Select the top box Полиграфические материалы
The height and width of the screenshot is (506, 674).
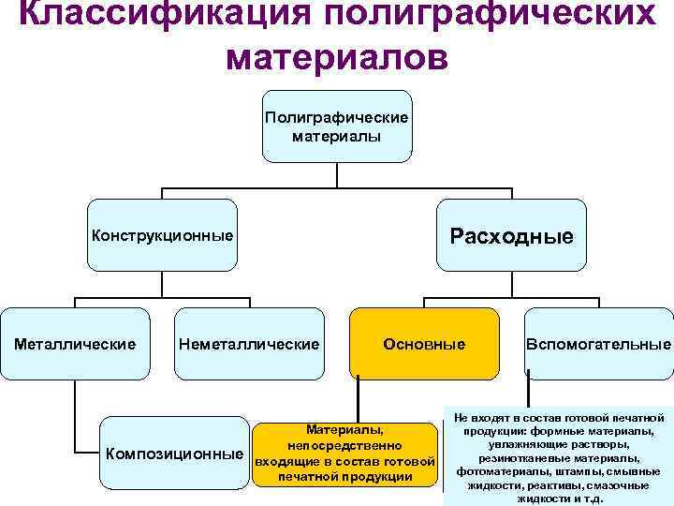[337, 127]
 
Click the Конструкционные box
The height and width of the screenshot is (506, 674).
[162, 234]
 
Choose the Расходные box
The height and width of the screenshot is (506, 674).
[511, 234]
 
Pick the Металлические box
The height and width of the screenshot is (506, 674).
[75, 344]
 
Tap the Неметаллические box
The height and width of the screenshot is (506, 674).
[248, 344]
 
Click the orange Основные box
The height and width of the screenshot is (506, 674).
[423, 344]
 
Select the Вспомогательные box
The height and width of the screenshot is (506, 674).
[598, 344]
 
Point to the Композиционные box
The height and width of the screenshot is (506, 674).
[174, 454]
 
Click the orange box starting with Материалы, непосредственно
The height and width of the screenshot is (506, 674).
[344, 454]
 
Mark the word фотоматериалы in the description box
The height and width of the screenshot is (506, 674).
[497, 471]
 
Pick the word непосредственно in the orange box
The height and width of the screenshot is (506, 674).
[344, 445]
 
